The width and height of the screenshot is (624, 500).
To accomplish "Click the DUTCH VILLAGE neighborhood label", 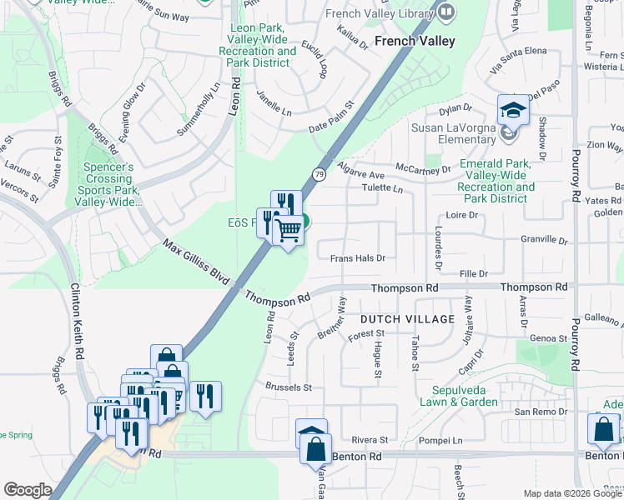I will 407,319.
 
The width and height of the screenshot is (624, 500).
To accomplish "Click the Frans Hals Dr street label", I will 357,258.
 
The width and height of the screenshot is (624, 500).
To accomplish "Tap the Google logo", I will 28,490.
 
